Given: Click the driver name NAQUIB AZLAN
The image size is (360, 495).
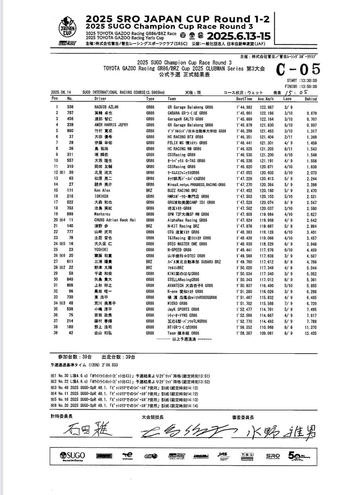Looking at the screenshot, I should point(106,107).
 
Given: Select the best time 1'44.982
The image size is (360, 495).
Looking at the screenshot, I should point(244,107).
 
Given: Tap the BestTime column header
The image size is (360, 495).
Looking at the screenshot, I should point(244,99).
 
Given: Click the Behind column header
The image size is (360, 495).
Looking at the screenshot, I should point(310,99).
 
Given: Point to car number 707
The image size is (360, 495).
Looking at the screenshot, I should point(70,113).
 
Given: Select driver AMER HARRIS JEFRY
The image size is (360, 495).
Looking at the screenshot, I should point(111,125).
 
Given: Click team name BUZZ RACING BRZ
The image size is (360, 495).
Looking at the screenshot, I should point(183,190).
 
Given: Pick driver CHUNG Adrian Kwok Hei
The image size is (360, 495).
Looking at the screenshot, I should point(115,220).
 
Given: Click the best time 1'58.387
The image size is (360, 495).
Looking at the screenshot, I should point(244,333).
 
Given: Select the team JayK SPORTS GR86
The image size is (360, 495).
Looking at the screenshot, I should point(183,309).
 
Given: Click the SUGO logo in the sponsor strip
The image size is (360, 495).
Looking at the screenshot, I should point(72,456).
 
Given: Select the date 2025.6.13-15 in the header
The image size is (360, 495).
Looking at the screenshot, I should point(238,36).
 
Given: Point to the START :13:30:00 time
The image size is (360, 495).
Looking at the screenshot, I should point(302,81).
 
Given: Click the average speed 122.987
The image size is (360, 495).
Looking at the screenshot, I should point(267,107).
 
